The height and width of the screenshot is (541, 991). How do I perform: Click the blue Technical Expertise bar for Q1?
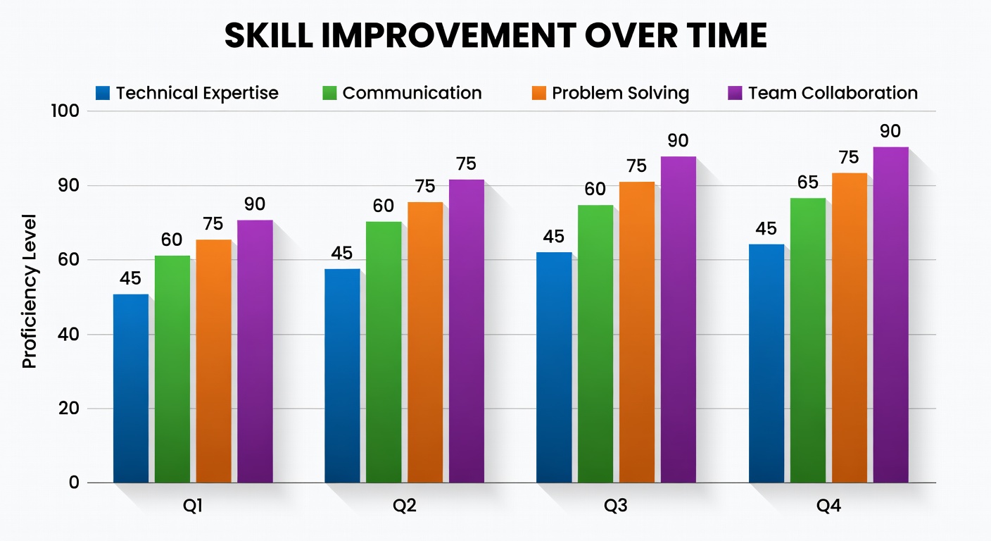pyautogui.click(x=130, y=388)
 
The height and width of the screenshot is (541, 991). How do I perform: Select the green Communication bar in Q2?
pyautogui.click(x=384, y=352)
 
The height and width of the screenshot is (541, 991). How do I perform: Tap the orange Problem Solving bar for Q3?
pyautogui.click(x=637, y=332)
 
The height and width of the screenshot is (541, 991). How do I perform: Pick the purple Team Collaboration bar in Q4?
pyautogui.click(x=890, y=315)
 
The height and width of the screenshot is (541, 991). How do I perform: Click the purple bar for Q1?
pyautogui.click(x=255, y=351)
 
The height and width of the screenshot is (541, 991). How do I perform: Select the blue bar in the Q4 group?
pyautogui.click(x=766, y=363)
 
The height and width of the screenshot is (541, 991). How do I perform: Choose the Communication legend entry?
pyautogui.click(x=403, y=93)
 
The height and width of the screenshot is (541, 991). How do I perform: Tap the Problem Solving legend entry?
pyautogui.click(x=610, y=93)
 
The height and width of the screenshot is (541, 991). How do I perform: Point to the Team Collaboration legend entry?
pyautogui.click(x=823, y=93)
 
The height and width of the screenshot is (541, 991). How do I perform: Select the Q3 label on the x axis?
pyautogui.click(x=616, y=506)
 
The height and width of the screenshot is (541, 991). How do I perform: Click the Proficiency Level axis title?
pyautogui.click(x=29, y=291)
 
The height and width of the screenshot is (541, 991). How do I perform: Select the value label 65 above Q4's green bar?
pyautogui.click(x=807, y=183)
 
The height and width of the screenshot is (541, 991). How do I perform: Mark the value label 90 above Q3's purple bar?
pyautogui.click(x=678, y=141)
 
